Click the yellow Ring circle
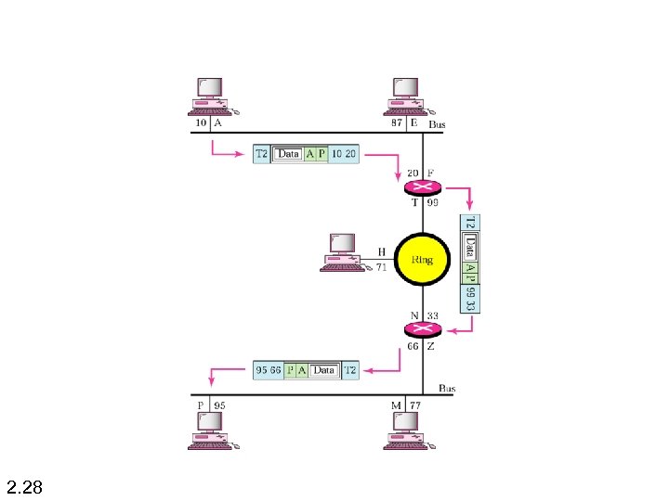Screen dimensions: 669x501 tap(423, 260)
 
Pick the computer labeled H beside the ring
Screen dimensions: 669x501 tap(341, 250)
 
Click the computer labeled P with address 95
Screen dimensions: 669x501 tap(211, 430)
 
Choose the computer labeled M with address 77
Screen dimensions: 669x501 tap(406, 430)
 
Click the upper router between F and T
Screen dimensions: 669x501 tap(424, 186)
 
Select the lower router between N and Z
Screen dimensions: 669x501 tap(424, 328)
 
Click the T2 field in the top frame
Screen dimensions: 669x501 tap(261, 153)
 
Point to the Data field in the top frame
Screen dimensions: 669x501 tap(289, 153)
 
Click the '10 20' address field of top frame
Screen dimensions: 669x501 tap(344, 153)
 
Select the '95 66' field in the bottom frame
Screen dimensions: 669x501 tap(268, 370)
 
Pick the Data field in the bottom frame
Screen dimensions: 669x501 tap(322, 370)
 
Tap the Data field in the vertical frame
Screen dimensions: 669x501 tap(470, 247)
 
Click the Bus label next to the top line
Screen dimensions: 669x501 tap(436, 123)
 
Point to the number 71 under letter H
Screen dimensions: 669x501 tap(380, 266)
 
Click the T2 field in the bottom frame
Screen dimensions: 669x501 tap(350, 370)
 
